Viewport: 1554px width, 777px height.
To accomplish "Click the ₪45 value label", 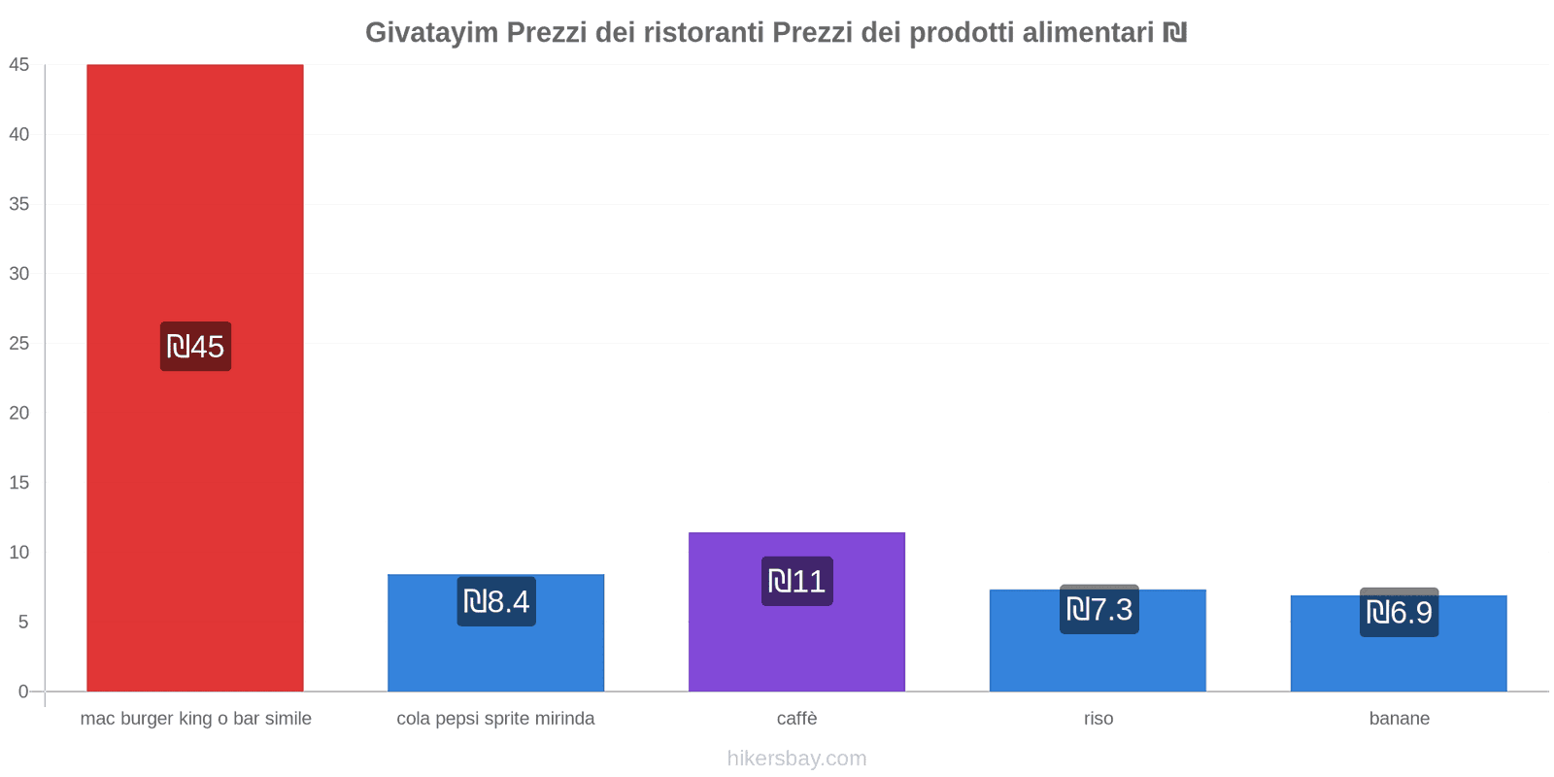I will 195,347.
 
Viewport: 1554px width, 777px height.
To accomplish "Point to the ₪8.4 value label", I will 496,602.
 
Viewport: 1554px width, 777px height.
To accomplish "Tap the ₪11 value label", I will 796,582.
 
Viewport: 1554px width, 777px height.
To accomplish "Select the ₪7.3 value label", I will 1098,610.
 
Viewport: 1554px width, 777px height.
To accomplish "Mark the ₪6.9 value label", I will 1399,613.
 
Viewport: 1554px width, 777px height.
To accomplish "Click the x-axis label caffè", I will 796,719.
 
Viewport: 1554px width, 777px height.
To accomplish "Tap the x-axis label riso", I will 1098,719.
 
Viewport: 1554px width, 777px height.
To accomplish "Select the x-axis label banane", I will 1399,719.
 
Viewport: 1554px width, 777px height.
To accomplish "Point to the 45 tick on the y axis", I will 19,65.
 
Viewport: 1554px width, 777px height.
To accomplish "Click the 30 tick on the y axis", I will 19,274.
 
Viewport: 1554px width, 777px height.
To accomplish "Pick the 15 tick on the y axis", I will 19,483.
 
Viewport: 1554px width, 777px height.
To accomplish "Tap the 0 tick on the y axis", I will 23,692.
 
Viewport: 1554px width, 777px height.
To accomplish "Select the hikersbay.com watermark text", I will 796,759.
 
